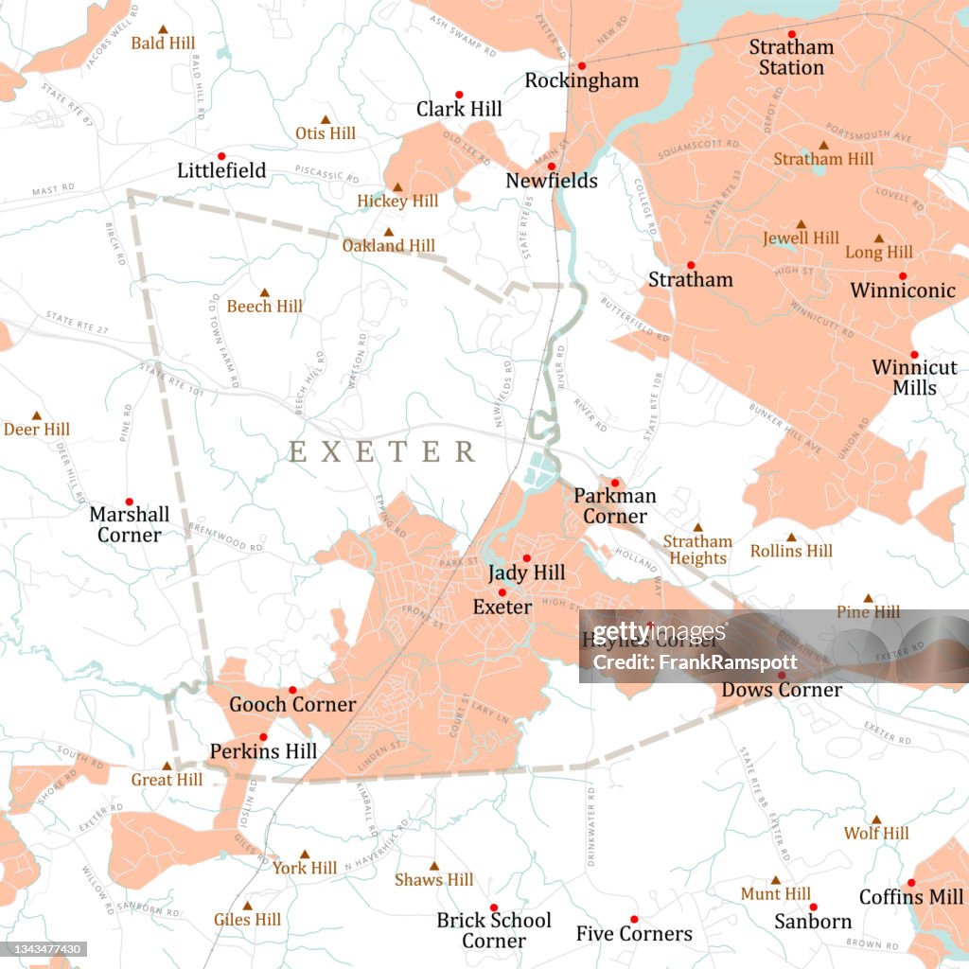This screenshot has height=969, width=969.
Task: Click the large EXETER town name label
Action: point(382,451)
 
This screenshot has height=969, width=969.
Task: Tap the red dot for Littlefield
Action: point(221,156)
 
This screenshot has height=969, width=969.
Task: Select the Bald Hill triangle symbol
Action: point(163,29)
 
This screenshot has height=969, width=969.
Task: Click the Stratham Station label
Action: point(791,57)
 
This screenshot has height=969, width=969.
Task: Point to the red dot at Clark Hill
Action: point(459,95)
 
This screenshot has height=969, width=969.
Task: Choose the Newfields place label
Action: point(552,180)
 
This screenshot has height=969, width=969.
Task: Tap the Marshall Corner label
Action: point(130,524)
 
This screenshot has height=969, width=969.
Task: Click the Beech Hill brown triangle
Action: point(264,292)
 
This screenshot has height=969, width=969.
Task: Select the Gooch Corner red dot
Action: point(292,690)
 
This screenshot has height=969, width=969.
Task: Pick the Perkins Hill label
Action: point(263,751)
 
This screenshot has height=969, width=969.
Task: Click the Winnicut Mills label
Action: point(914,377)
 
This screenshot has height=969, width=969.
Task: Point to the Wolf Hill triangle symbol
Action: point(876,819)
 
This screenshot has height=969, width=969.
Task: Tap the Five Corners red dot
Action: point(634,919)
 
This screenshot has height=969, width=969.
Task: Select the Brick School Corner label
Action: point(493,930)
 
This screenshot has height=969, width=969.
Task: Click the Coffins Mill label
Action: point(910,896)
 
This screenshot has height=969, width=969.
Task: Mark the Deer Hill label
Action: point(37,430)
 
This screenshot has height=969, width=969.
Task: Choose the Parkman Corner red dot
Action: point(614,483)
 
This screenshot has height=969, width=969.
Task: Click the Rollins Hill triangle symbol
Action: point(791,537)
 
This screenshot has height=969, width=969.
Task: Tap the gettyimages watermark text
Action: point(653,633)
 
